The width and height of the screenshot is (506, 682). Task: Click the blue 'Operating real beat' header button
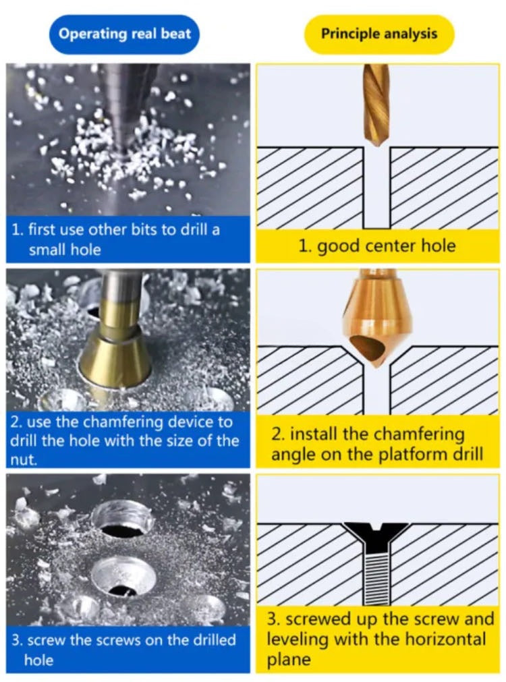[x=124, y=34]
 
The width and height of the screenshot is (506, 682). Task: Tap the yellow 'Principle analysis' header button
[x=378, y=34]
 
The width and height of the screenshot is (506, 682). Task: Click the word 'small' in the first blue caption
[x=46, y=250]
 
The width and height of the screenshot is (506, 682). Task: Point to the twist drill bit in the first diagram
[x=376, y=107]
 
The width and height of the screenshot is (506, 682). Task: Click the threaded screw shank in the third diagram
[x=376, y=579]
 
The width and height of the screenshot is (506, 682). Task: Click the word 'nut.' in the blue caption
[x=23, y=460]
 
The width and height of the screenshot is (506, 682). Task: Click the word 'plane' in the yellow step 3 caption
[x=289, y=660]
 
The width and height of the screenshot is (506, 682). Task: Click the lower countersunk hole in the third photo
[x=124, y=576]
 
